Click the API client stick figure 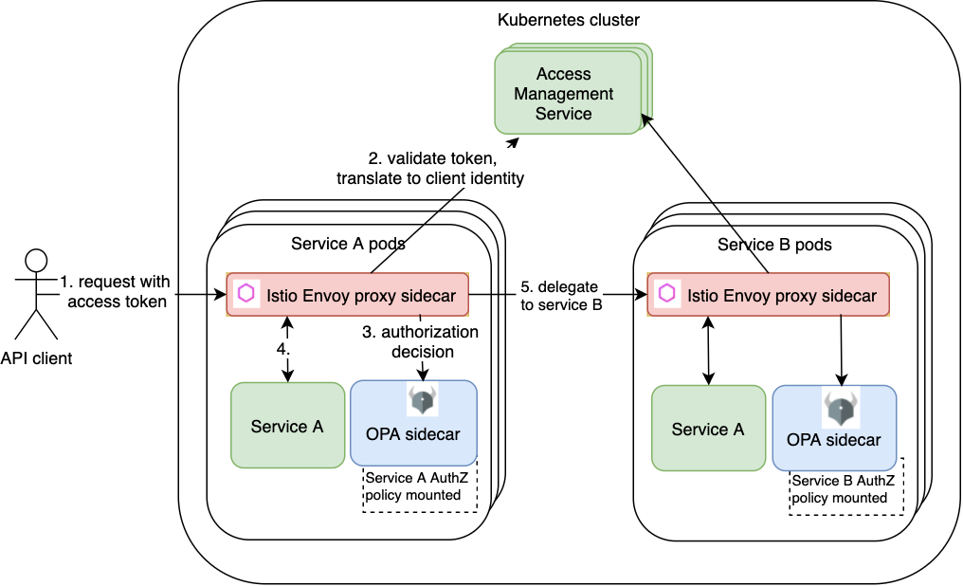coord(36,294)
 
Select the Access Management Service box coord(564,93)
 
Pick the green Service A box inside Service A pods coord(287,426)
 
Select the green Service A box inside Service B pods coord(708,429)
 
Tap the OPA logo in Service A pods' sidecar coord(421,400)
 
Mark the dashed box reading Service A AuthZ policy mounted coord(419,487)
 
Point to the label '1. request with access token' coord(116,291)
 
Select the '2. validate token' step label coord(429,168)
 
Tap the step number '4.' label coord(282,349)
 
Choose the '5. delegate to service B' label coord(561,295)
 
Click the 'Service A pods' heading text coord(348,244)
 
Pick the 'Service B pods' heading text coord(774,245)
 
